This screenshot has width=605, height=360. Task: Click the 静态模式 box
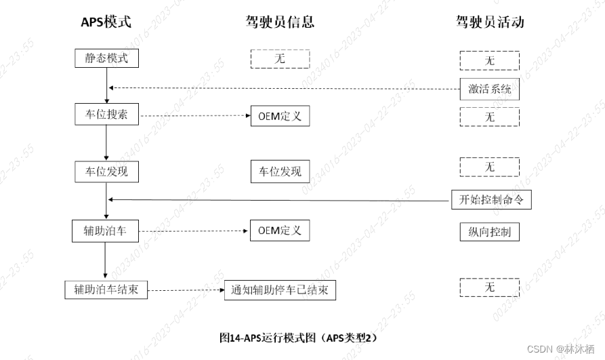pos(106,58)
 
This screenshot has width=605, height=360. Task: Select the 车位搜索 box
pos(106,115)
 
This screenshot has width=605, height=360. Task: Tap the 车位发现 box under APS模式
pos(106,172)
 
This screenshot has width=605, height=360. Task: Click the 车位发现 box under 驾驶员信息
pos(280,172)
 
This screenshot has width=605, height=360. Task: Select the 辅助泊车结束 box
pos(106,289)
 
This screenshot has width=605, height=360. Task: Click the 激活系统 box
pos(490,88)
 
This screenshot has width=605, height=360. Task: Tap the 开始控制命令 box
pos(491,199)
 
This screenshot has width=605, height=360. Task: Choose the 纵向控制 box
pos(490,232)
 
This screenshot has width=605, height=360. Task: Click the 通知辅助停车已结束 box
pos(280,290)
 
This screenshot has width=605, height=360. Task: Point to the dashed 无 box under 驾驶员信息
pos(280,59)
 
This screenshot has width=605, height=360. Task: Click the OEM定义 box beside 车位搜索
pos(280,116)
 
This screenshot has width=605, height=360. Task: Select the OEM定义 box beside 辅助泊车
pos(280,230)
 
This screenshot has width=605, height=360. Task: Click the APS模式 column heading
pos(106,22)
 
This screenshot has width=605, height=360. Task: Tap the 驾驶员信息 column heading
pos(280,22)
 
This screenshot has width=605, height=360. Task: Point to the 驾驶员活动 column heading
pos(490,22)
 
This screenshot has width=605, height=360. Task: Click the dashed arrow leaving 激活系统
pos(285,87)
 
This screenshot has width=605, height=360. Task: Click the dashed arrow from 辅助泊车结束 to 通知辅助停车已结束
pos(186,290)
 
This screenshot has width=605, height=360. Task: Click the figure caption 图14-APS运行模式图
pos(298,337)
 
